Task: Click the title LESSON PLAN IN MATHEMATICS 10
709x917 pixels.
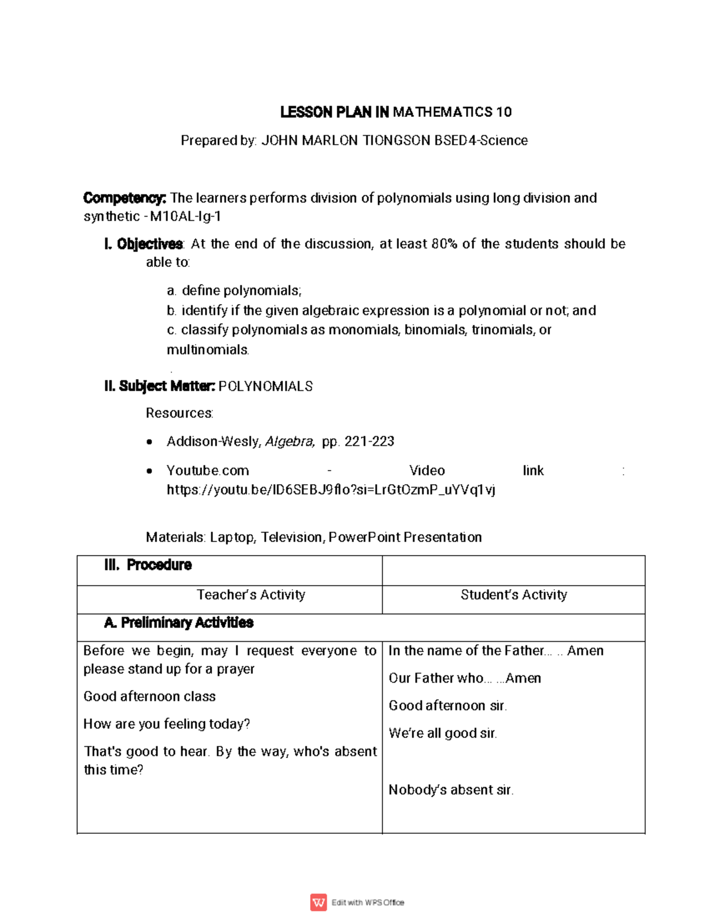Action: click(x=395, y=112)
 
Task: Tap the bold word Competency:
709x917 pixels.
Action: click(x=125, y=198)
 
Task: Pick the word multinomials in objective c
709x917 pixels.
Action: click(x=207, y=350)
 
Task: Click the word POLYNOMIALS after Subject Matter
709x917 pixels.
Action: click(x=265, y=387)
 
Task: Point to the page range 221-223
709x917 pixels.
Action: click(x=369, y=442)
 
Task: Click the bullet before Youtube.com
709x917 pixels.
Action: click(x=149, y=471)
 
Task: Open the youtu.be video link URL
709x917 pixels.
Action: click(x=331, y=489)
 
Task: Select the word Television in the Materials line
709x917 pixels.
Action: click(x=292, y=537)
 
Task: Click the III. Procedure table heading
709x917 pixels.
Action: click(x=148, y=565)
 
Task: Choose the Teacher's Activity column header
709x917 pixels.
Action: click(x=251, y=595)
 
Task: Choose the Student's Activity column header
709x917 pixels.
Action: click(x=513, y=595)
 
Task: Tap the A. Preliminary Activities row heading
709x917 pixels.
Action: click(x=178, y=622)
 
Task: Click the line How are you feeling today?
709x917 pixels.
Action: click(x=167, y=724)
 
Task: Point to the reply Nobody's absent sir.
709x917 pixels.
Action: click(x=451, y=790)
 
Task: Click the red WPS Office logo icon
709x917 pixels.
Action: click(x=318, y=902)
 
